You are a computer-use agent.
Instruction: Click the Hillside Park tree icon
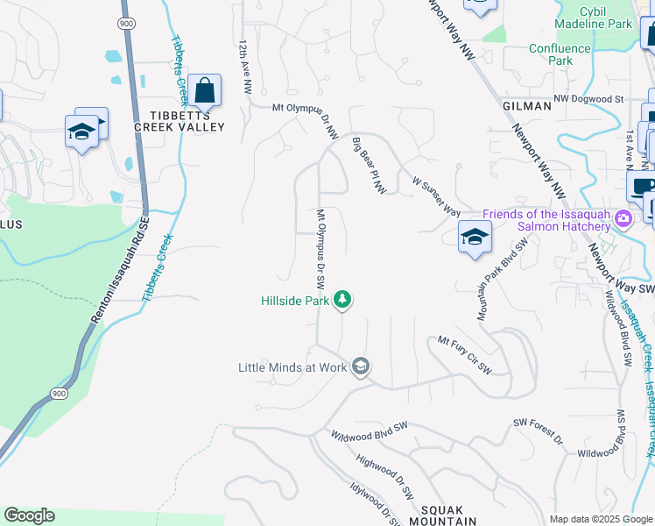(x=342, y=301)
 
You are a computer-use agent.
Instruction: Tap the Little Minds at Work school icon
(x=360, y=367)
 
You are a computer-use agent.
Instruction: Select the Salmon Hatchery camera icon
(x=623, y=217)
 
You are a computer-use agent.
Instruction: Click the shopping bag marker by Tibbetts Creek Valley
(x=204, y=90)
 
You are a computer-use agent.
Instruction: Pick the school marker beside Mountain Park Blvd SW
(x=475, y=237)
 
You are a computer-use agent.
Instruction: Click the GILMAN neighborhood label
(x=527, y=105)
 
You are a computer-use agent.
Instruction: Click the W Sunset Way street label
(x=436, y=194)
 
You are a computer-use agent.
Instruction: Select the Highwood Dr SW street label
(x=385, y=476)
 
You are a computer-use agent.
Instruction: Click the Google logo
(x=29, y=515)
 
